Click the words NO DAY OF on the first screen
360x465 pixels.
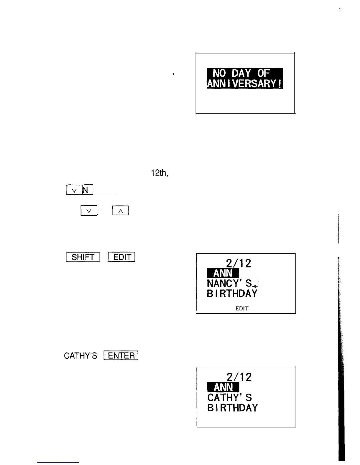(244, 73)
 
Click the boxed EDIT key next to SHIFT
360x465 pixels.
(121, 257)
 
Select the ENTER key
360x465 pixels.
(121, 356)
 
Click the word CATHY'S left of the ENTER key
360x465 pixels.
(81, 356)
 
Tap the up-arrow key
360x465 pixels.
(121, 211)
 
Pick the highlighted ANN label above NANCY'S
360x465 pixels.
(223, 274)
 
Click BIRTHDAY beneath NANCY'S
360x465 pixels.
(232, 293)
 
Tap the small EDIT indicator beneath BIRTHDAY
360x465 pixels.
(242, 309)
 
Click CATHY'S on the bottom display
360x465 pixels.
(230, 397)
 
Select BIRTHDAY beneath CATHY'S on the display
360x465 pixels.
(232, 407)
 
